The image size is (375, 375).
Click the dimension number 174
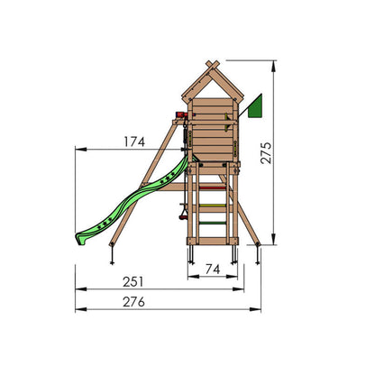point(134,142)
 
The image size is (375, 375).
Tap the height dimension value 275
point(266,152)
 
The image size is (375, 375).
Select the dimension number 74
point(213,270)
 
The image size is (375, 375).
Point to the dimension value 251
point(133,282)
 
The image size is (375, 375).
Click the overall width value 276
point(133,302)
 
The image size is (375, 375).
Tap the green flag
point(256,106)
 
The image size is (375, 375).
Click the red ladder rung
point(213,187)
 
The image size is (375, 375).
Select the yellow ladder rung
point(213,206)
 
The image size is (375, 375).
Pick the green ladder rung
point(213,223)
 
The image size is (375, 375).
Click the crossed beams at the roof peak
point(213,65)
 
